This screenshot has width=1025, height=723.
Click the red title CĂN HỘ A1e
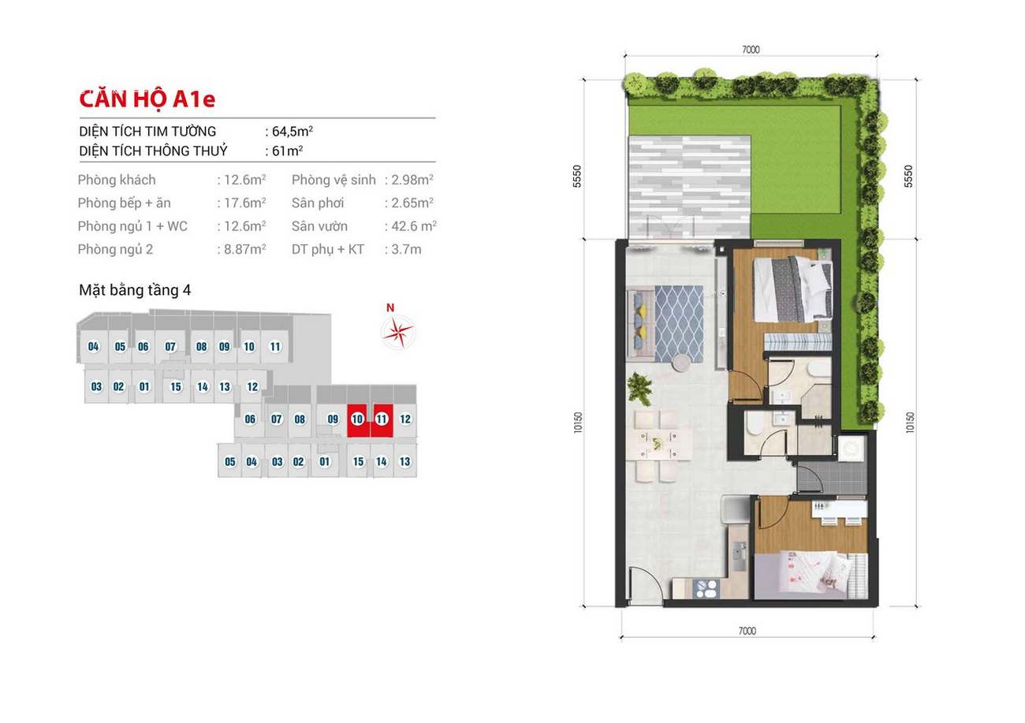point(147,99)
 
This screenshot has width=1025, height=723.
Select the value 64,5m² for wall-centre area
point(293,132)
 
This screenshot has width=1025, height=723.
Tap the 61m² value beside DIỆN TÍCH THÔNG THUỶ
point(287,151)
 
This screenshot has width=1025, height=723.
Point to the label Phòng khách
point(117,180)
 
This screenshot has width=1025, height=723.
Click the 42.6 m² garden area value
point(414,226)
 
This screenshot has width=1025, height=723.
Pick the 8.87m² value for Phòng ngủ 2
point(244,249)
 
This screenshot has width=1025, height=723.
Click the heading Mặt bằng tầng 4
point(135,290)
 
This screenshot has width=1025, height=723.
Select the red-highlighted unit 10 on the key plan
point(358,420)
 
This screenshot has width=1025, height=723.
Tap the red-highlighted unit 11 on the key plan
point(382,420)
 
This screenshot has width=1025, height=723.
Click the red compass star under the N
point(397,332)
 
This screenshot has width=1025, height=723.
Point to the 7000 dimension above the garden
point(751,50)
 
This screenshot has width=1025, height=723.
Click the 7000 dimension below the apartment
point(747,631)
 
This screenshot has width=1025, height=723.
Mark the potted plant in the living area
point(639,389)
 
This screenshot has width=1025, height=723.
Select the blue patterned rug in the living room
point(679,323)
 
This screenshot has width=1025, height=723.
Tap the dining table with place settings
point(658,444)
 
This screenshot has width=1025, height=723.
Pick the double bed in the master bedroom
point(792,289)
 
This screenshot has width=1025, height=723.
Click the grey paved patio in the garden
point(690,187)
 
